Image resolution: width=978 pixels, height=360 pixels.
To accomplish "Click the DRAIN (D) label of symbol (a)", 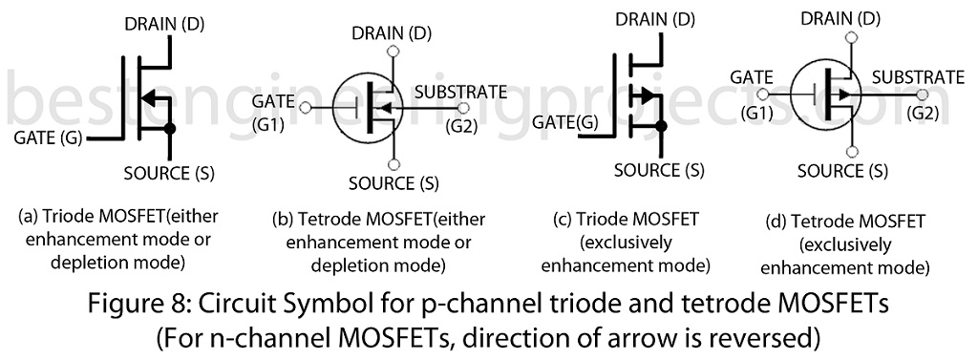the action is (164, 24).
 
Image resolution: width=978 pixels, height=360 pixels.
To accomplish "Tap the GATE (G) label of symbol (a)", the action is (48, 138).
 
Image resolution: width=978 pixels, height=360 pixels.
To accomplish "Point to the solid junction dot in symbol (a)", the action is (168, 129).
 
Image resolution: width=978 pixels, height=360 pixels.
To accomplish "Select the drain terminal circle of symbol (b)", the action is (393, 52).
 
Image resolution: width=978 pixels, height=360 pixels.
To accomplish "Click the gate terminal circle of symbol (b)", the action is (305, 107).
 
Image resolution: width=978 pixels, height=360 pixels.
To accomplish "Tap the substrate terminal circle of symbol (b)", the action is (463, 107).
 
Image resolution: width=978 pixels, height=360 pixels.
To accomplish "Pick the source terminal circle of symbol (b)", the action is (393, 164).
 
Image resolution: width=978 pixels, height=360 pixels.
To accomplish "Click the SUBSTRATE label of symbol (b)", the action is (461, 92).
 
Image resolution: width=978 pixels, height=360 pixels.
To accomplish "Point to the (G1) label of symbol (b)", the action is (268, 124).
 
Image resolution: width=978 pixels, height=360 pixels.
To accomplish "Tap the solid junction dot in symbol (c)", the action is (661, 127).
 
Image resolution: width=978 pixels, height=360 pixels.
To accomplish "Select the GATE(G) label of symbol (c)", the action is (564, 123).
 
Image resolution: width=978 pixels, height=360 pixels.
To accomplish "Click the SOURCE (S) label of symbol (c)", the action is (659, 169).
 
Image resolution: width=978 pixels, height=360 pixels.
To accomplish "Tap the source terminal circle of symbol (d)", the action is (852, 151).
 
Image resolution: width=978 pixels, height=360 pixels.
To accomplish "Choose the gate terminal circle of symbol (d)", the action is (762, 95).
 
